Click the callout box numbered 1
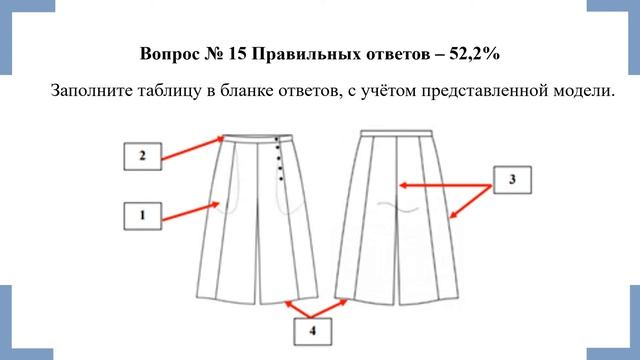[142, 214]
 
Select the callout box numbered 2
[142, 157]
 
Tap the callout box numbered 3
[512, 181]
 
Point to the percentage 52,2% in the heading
[483, 51]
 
